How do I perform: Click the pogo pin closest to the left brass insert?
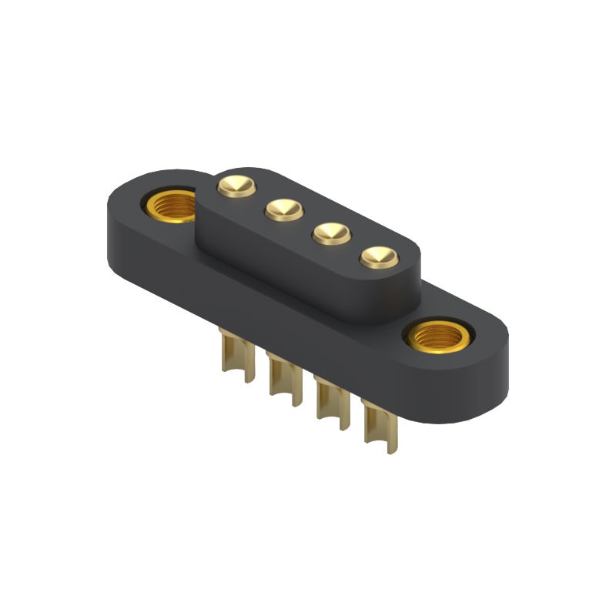[236, 186]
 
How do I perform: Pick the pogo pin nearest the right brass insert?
[379, 256]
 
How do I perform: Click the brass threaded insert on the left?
[172, 206]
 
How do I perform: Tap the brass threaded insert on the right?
[438, 336]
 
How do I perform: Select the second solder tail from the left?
[284, 380]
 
